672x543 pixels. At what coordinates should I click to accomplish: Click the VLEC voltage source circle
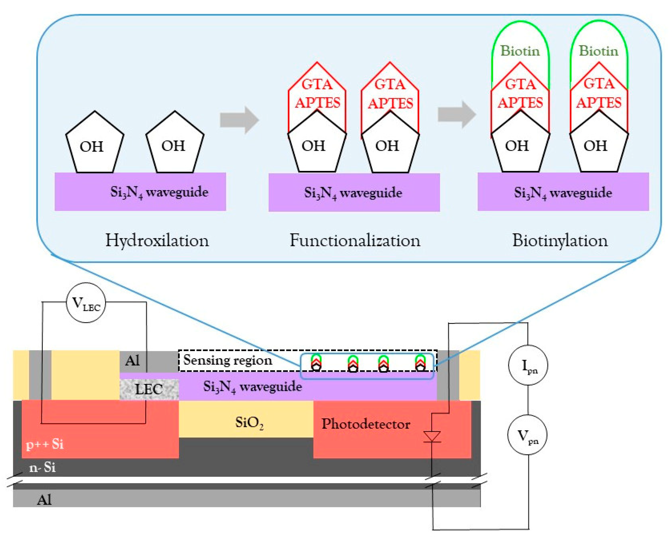pos(86,303)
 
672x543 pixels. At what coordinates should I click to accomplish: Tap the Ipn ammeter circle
pos(528,365)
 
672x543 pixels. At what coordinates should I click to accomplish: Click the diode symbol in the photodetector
pos(432,437)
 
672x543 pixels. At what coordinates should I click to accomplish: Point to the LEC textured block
pos(149,389)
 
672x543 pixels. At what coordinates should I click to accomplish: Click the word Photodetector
pos(366,424)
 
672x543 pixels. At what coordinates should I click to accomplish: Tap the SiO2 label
pos(249,423)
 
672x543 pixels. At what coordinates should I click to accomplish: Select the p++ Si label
pos(45,444)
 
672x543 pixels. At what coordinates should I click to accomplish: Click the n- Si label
pos(43,467)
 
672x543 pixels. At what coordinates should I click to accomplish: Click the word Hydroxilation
pos(157,241)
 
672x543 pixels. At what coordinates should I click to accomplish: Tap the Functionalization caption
pos(355,241)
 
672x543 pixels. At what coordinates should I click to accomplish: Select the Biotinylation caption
pos(560,241)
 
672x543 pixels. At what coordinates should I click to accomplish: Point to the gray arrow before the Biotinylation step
pos(457,115)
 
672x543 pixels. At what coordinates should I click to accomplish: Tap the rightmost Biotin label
pos(599,51)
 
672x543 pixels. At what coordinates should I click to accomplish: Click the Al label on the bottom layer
pos(44,500)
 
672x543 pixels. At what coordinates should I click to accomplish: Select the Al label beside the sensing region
pos(132,361)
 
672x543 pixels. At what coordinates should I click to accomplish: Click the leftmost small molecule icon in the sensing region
pos(316,363)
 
